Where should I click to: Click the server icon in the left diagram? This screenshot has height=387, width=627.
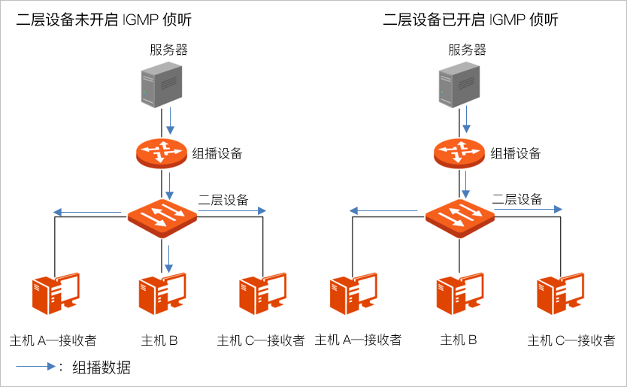[162, 86]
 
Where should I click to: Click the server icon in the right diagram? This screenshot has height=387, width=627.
[459, 86]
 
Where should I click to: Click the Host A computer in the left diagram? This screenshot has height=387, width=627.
[54, 294]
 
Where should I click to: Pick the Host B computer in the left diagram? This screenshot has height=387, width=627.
[161, 294]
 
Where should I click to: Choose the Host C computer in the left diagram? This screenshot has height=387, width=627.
[262, 294]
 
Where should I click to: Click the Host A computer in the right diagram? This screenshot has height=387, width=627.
[352, 294]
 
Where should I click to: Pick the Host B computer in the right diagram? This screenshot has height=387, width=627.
[459, 294]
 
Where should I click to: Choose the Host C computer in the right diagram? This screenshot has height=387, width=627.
[559, 294]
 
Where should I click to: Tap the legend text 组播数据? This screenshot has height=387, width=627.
[101, 367]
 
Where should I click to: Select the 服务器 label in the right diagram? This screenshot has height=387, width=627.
[466, 50]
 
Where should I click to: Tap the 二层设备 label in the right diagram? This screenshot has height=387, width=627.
[517, 199]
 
